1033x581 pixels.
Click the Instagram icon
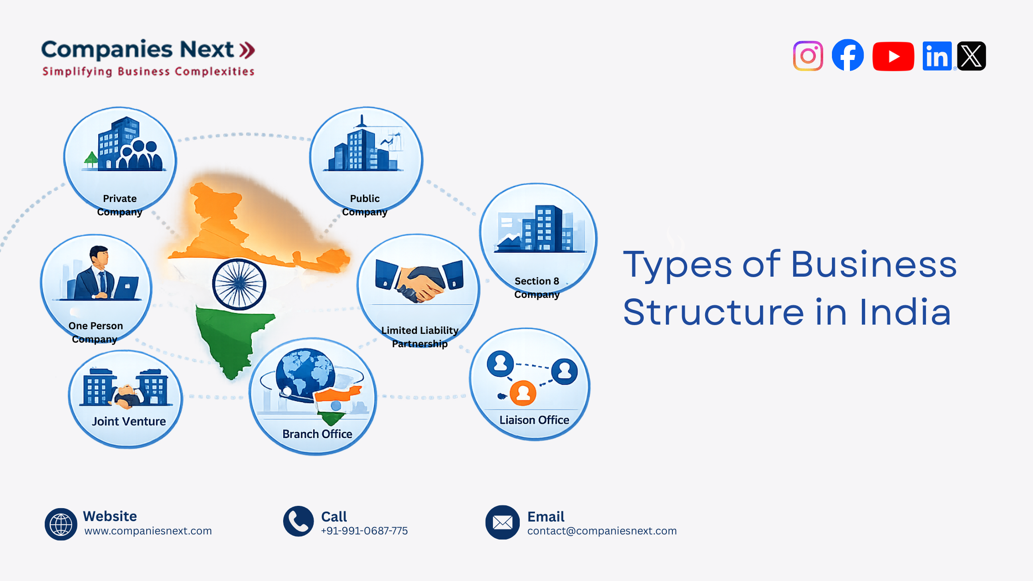pos(808,56)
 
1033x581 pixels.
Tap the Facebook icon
pos(848,55)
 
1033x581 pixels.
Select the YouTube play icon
pos(893,56)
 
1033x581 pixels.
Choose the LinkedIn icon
pos(937,56)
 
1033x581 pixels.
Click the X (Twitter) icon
pos(971,56)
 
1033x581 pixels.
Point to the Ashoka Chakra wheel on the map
pos(239,284)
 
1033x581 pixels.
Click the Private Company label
pos(119,205)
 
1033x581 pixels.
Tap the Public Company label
pos(364,205)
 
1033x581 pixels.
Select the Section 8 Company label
pos(537,288)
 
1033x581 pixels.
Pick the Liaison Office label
pos(534,420)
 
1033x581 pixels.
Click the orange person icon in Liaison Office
pos(523,393)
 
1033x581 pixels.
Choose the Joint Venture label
pos(129,421)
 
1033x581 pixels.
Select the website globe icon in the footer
pos(61,524)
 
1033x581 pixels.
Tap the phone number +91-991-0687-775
pos(364,531)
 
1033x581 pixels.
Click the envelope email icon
pos(502,522)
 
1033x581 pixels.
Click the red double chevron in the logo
pos(247,50)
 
